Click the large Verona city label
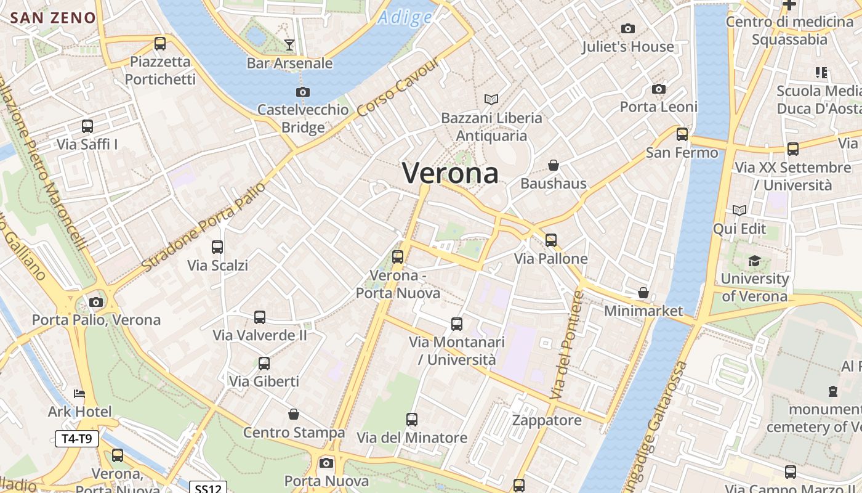point(450,173)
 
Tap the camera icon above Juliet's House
point(628,28)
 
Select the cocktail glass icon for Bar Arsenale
point(289,44)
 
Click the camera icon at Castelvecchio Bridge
point(302,92)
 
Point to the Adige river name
point(405,17)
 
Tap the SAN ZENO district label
point(54,17)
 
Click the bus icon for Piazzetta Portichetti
point(160,44)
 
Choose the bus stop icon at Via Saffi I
point(87,126)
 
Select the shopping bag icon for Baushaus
point(554,165)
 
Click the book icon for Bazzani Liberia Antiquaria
point(491,99)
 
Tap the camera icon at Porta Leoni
point(659,89)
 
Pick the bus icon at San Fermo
point(682,134)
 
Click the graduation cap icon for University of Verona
point(754,261)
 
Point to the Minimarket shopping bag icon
point(643,293)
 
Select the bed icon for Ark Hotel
point(79,394)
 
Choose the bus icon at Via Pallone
point(551,240)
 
